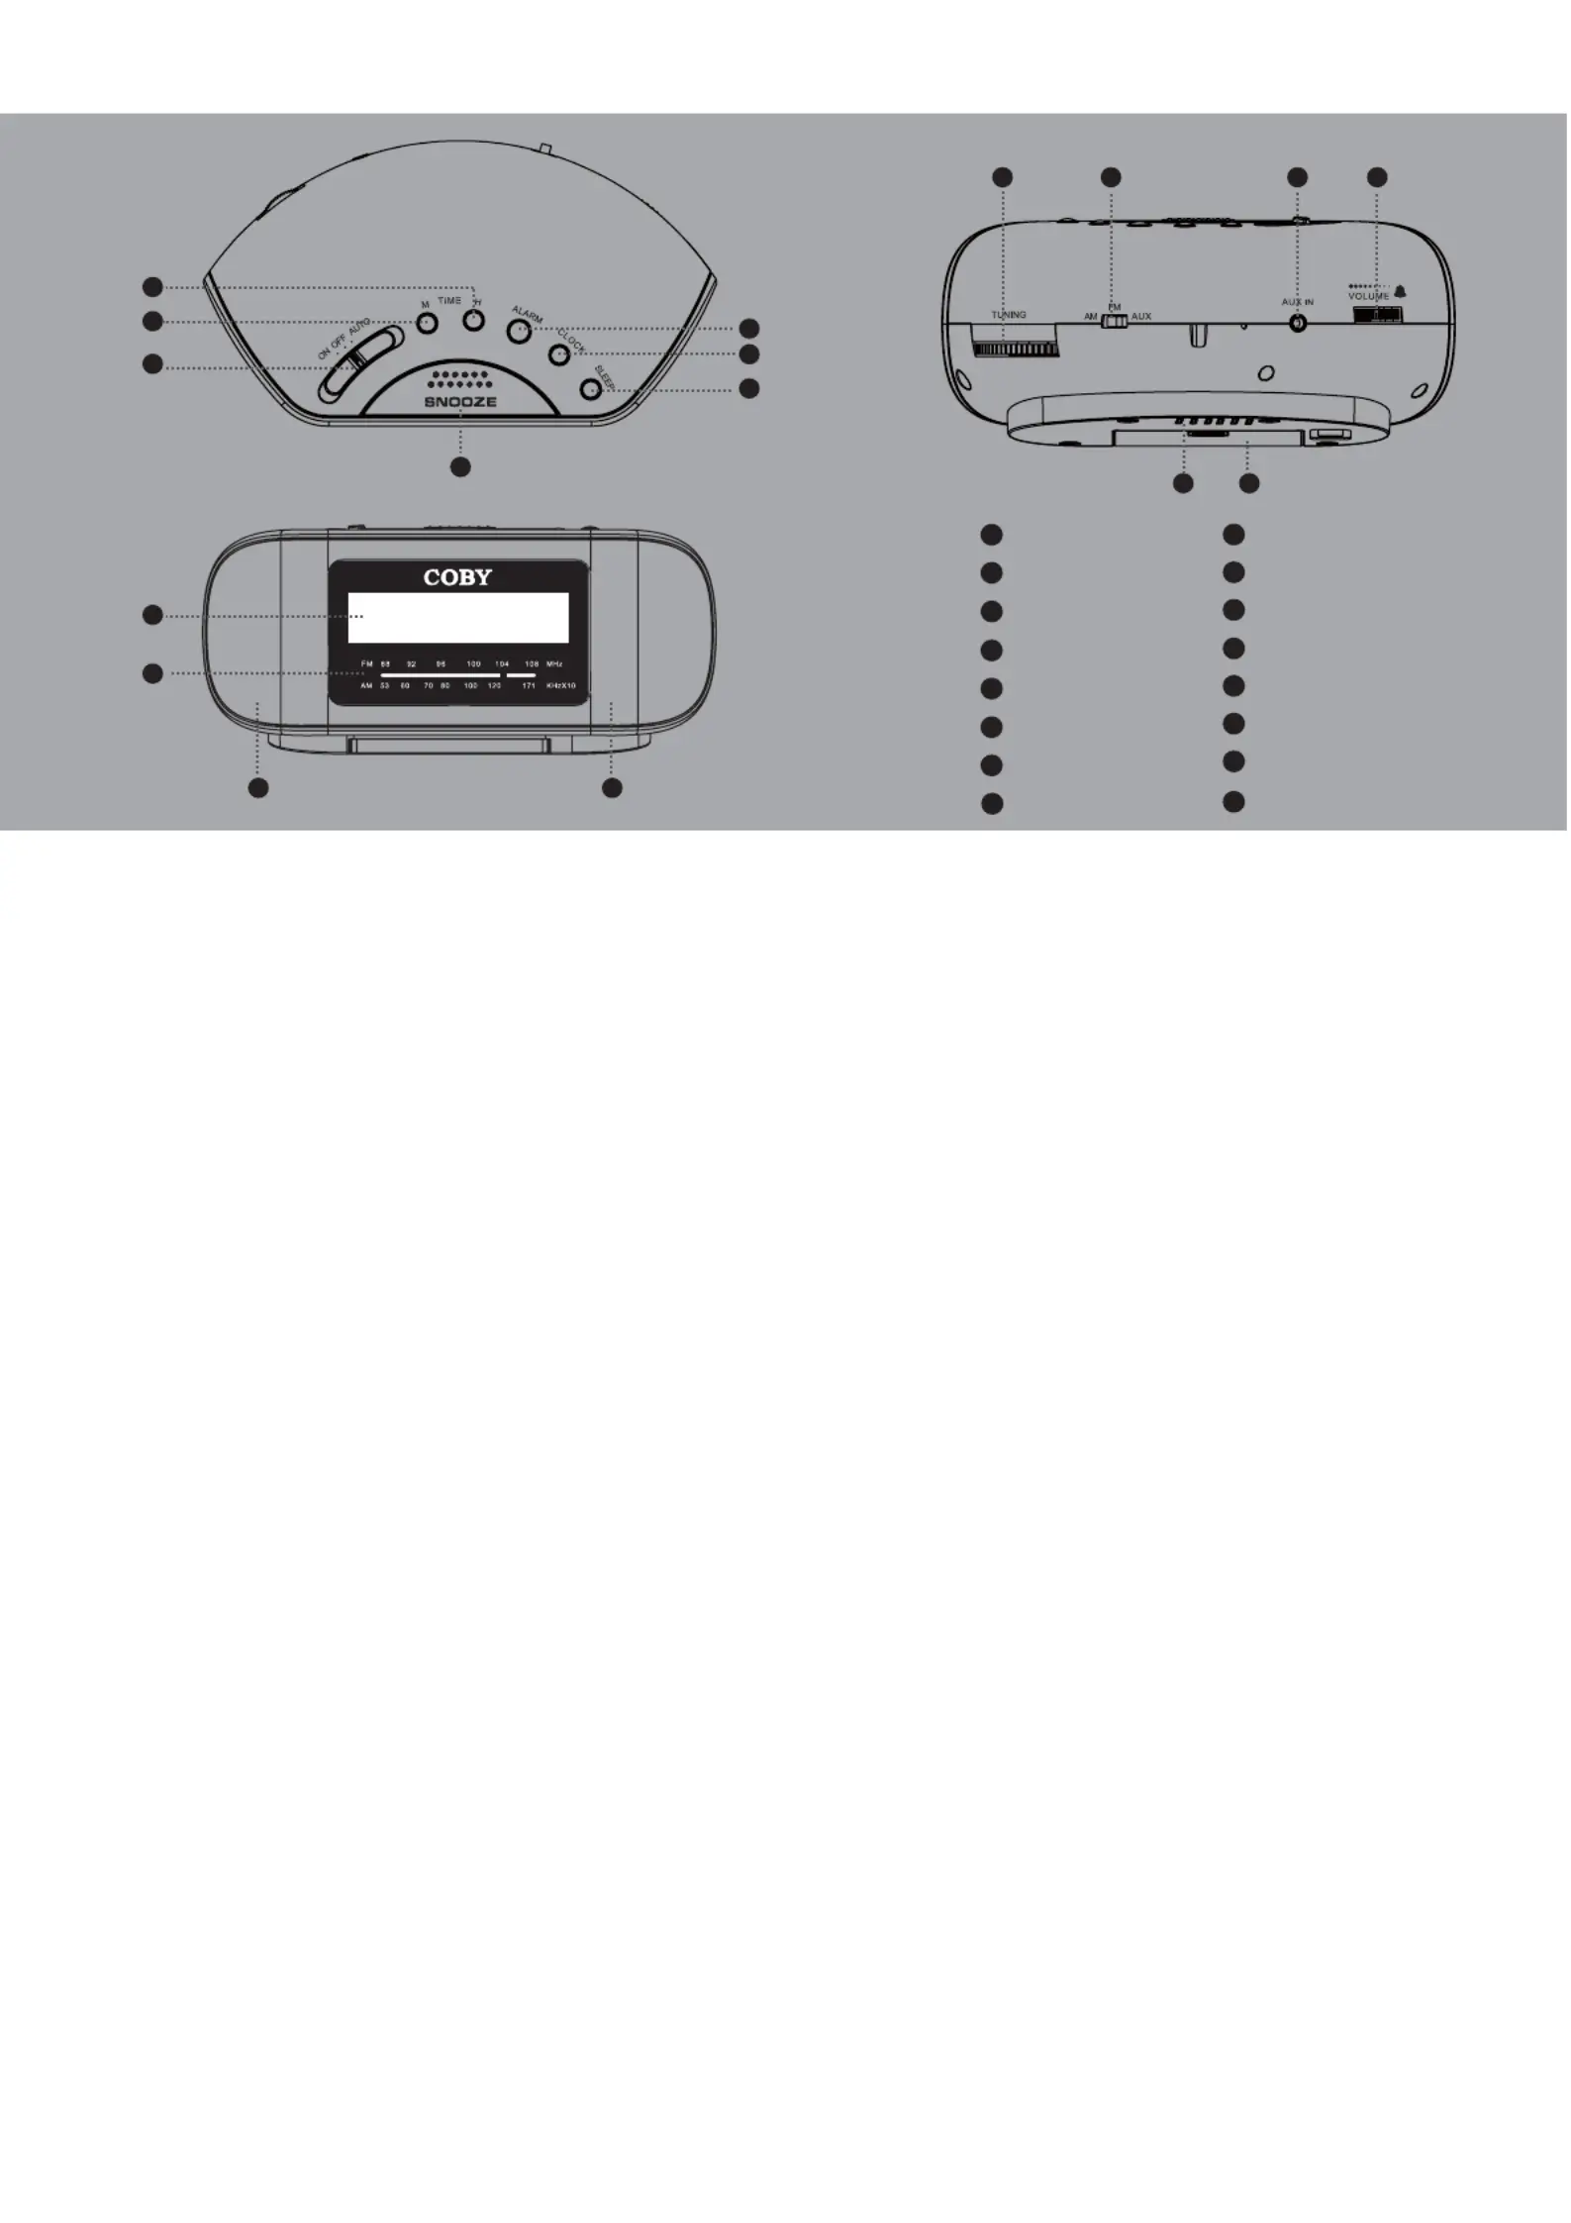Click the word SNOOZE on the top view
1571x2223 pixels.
(460, 402)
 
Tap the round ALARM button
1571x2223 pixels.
(519, 331)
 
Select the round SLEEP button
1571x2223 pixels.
(591, 389)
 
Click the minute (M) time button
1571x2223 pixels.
(427, 323)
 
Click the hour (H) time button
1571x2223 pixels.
(474, 321)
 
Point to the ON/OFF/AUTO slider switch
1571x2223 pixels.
(359, 364)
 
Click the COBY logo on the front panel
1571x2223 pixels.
(457, 577)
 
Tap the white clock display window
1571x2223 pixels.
(457, 618)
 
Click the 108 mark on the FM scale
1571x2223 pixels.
(532, 663)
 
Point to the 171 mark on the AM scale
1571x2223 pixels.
(529, 685)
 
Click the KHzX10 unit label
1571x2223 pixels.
(561, 685)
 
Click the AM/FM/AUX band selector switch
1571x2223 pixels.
(1115, 319)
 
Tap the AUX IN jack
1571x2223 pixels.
(1298, 323)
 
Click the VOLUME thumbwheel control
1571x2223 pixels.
(1378, 315)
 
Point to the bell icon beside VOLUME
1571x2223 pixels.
(1400, 292)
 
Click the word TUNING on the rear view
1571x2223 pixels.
(1009, 315)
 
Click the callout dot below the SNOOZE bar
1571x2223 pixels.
(460, 466)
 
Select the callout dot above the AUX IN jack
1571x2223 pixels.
(1297, 177)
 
